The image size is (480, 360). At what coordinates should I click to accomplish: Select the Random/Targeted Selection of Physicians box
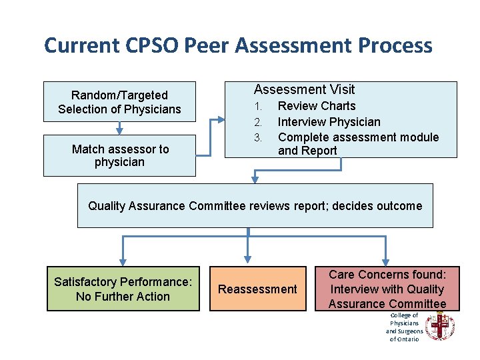click(119, 102)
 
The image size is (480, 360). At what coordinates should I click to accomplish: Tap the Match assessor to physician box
click(119, 155)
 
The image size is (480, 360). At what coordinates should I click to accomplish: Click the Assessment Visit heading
click(304, 89)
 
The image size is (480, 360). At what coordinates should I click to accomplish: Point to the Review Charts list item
click(317, 106)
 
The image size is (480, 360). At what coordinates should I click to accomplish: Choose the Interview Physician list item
click(329, 121)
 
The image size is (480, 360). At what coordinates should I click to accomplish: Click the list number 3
click(257, 137)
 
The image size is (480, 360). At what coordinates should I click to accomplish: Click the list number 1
click(257, 106)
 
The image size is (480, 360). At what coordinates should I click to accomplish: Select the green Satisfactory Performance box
click(123, 289)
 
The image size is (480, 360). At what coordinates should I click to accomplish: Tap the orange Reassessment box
click(257, 289)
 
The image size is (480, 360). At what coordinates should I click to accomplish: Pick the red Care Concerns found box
click(387, 289)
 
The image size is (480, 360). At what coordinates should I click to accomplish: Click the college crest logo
click(440, 327)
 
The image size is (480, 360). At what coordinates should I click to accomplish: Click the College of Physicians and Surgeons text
click(404, 327)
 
